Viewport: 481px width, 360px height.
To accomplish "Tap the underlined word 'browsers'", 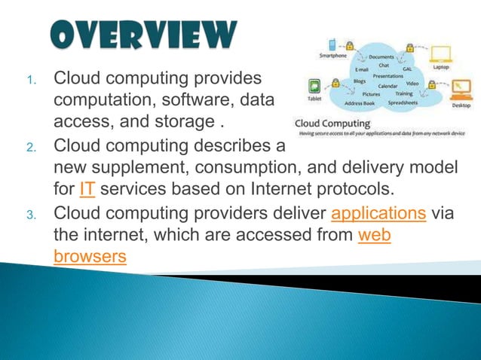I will (90, 257).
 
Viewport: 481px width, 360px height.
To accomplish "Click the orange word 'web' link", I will (374, 235).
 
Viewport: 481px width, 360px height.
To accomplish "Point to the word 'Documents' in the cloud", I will (381, 57).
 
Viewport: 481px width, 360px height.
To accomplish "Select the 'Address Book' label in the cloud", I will (360, 102).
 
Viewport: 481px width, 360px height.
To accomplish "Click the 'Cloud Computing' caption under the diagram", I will (326, 123).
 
